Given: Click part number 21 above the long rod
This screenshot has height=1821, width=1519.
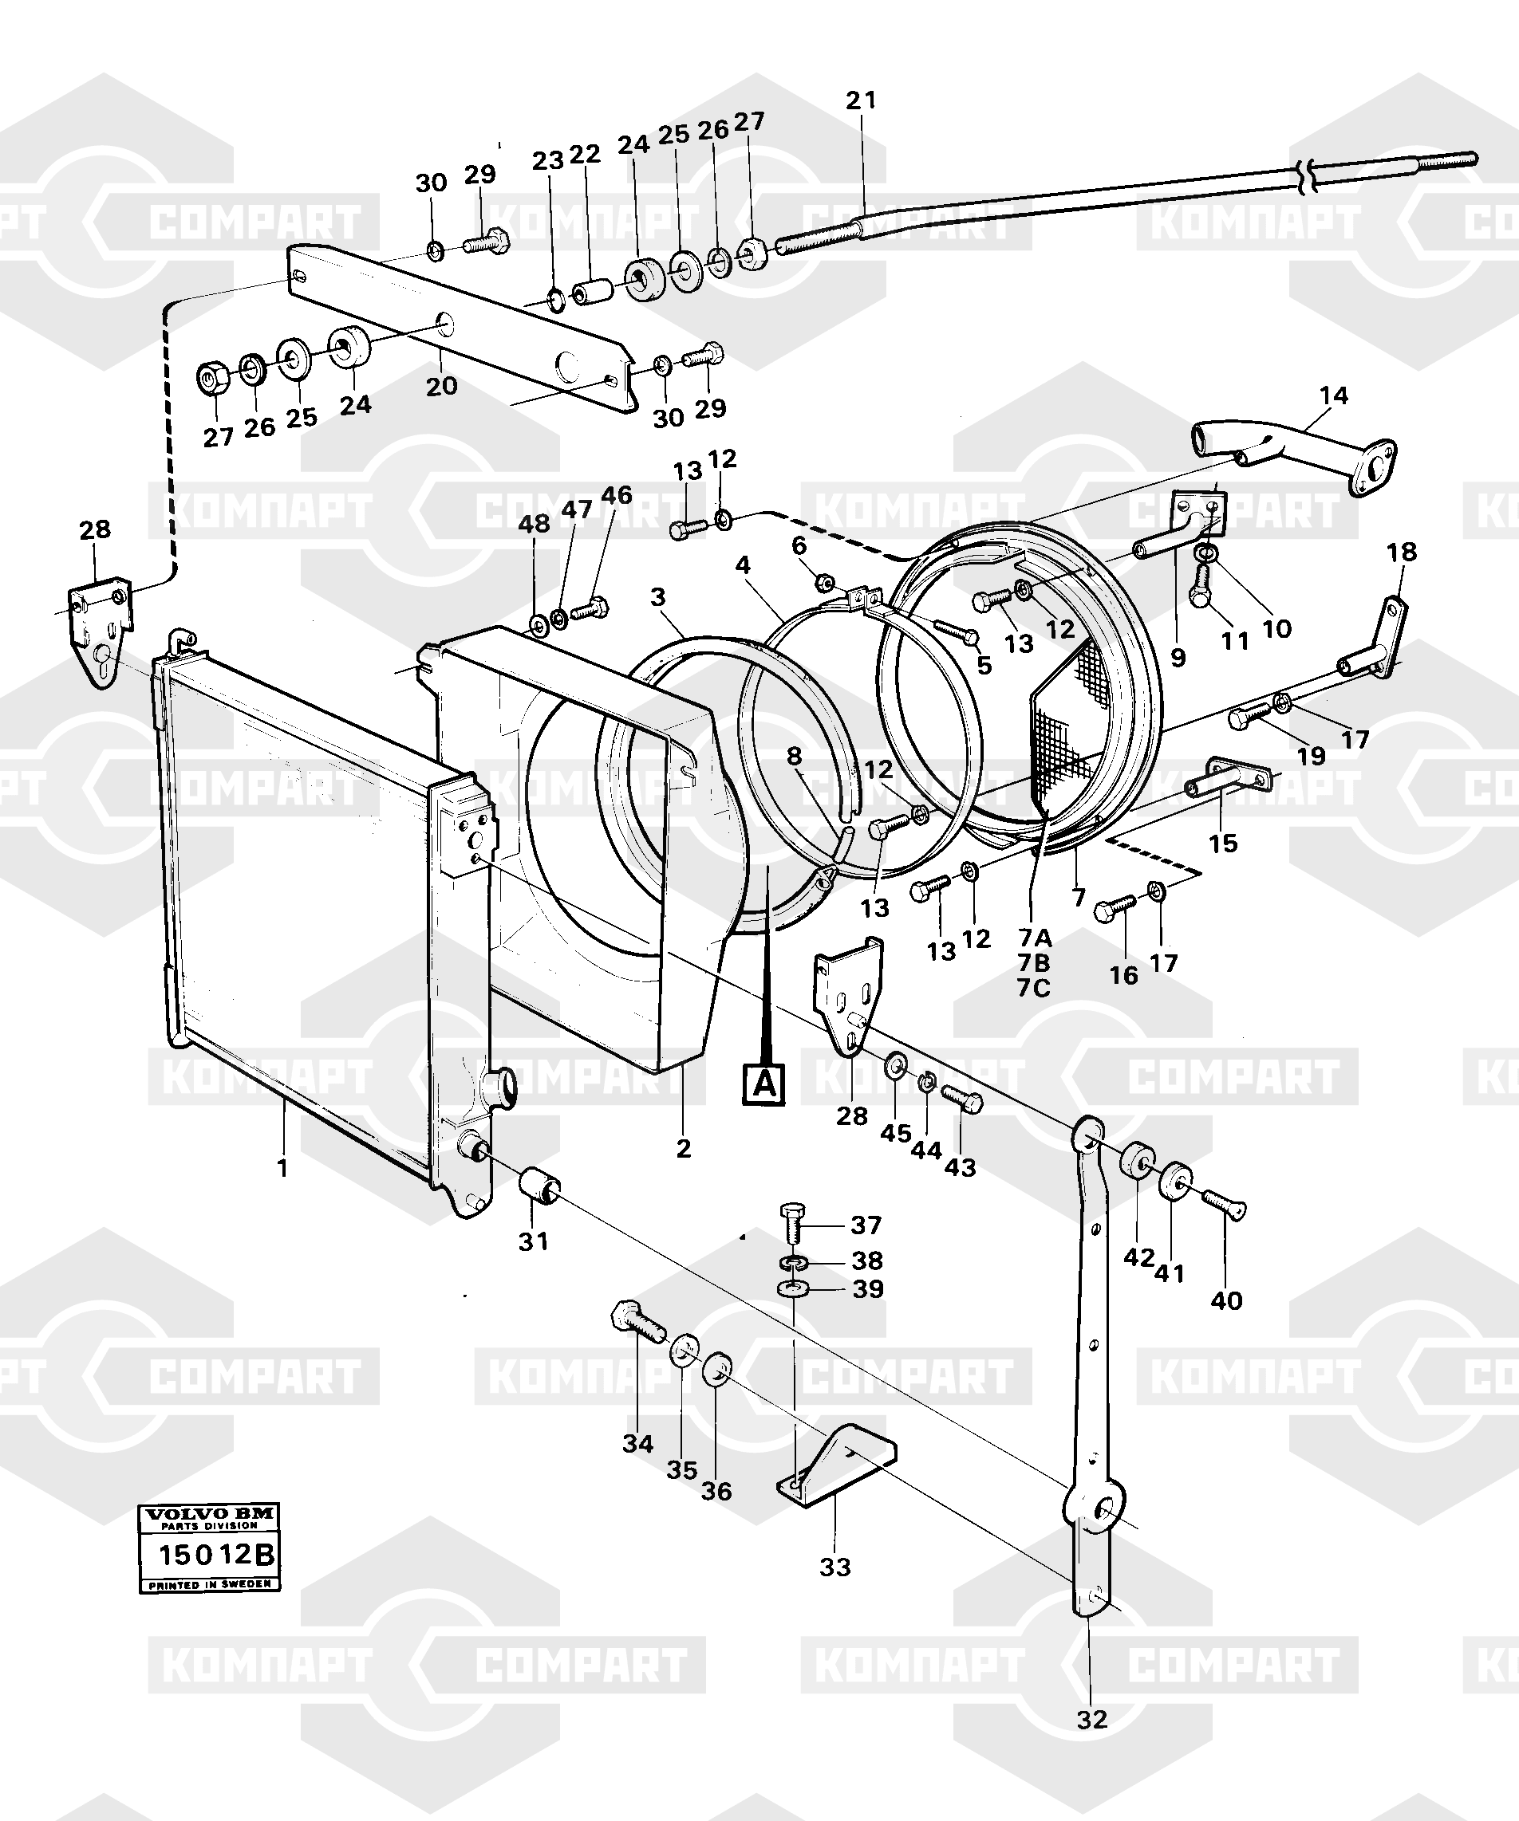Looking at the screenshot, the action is (x=862, y=100).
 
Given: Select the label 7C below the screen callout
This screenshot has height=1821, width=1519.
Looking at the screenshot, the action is (x=1033, y=988).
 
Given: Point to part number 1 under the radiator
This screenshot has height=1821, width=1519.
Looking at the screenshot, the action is (x=282, y=1168).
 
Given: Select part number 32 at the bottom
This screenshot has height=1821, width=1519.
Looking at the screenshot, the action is (x=1091, y=1719).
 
